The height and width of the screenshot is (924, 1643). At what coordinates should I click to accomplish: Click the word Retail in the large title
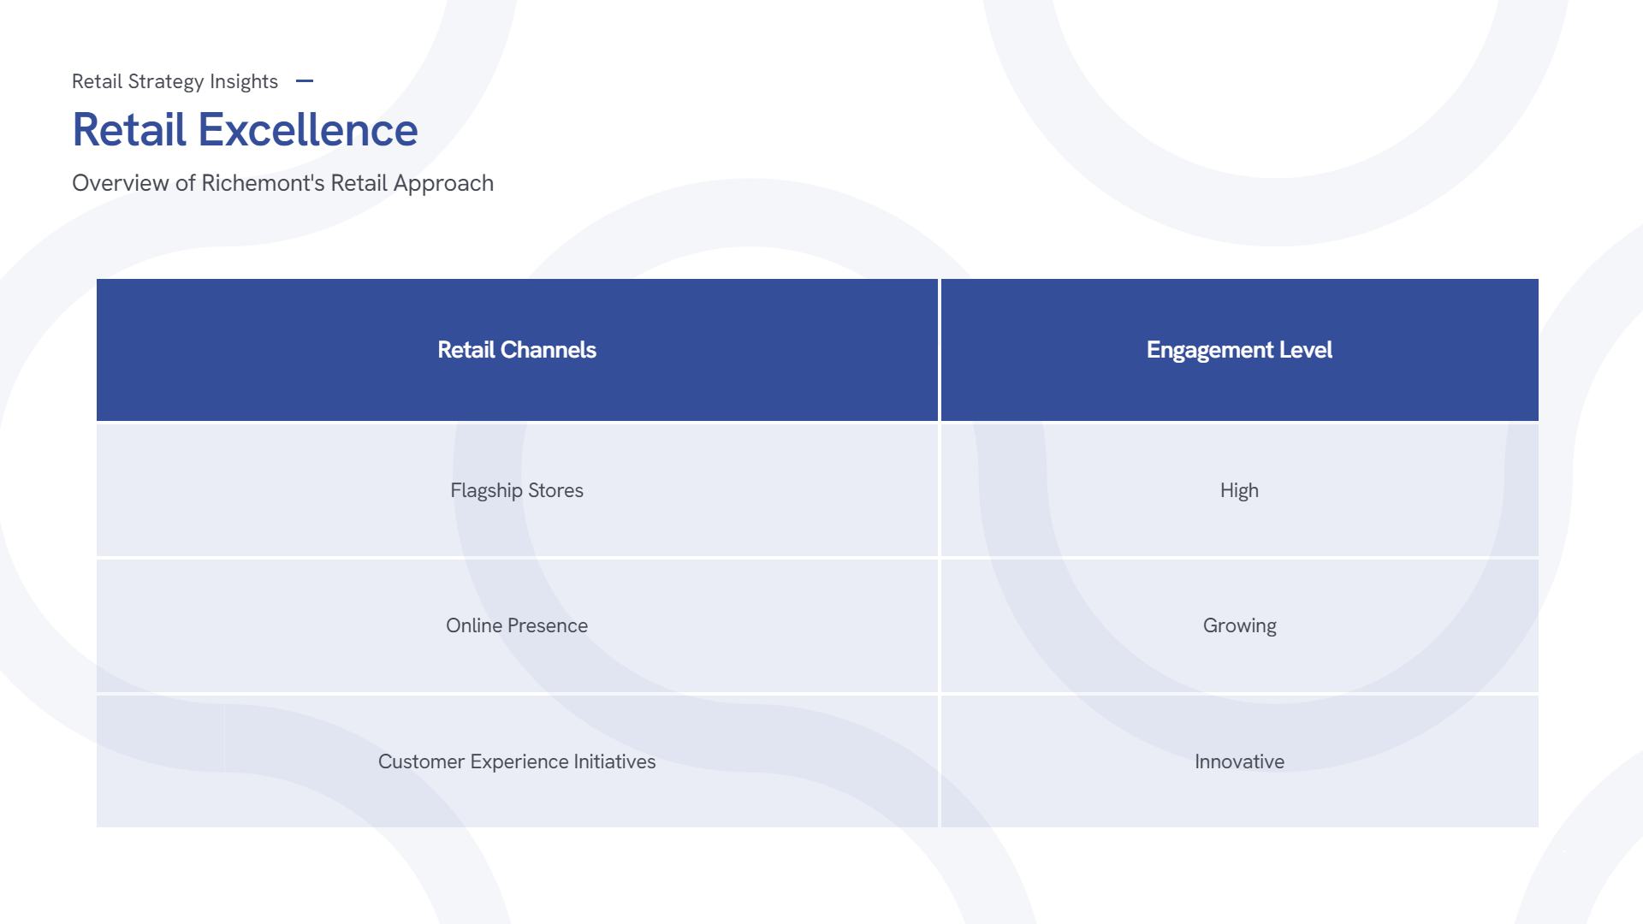coord(129,130)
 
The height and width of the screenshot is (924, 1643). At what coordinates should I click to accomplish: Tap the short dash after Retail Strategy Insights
coord(305,81)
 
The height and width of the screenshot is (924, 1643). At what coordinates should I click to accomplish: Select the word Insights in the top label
coord(244,81)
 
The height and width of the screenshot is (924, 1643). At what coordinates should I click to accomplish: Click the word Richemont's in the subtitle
coord(264,183)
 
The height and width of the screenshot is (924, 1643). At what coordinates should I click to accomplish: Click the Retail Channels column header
coord(517,350)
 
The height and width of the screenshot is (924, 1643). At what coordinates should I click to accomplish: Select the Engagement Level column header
coord(1239,350)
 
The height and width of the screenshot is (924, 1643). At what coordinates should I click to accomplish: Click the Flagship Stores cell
coord(517,490)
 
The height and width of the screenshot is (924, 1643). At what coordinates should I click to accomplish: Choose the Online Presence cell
coord(517,625)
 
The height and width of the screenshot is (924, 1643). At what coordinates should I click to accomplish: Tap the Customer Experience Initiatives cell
coord(517,761)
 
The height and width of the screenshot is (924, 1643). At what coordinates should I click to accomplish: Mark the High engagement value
coord(1239,490)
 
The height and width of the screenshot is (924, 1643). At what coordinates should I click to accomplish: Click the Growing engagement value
coord(1239,625)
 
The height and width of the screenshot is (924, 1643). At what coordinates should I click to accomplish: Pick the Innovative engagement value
coord(1239,761)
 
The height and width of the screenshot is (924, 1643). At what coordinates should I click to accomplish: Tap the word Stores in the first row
coord(555,490)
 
